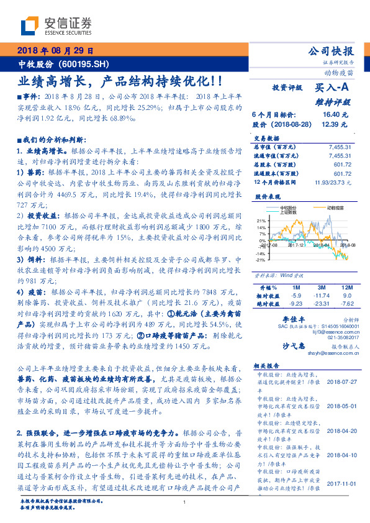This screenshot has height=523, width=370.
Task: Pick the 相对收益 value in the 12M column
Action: pos(348,296)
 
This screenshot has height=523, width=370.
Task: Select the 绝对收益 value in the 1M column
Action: pos(296,304)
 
